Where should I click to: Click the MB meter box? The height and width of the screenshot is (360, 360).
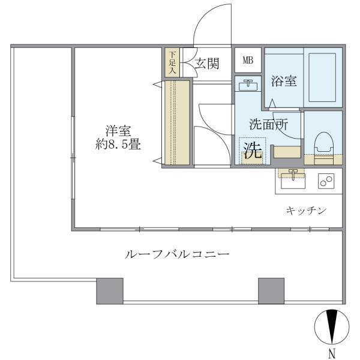click(x=247, y=61)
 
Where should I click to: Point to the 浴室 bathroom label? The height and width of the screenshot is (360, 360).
click(x=284, y=81)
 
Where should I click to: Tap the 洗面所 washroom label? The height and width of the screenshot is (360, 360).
click(x=268, y=125)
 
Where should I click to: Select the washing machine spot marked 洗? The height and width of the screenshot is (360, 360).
click(x=252, y=151)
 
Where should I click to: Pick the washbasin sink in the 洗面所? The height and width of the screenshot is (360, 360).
click(x=245, y=86)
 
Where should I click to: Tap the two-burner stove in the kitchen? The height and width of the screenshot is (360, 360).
click(x=326, y=181)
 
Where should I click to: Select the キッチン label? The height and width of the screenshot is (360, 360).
click(x=305, y=210)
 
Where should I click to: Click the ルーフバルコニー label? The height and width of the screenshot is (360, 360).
click(x=176, y=254)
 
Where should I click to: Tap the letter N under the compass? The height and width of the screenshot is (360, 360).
click(x=331, y=352)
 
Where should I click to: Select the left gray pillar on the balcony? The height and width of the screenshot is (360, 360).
click(x=110, y=290)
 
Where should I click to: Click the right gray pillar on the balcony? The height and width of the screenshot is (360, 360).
click(x=271, y=290)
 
